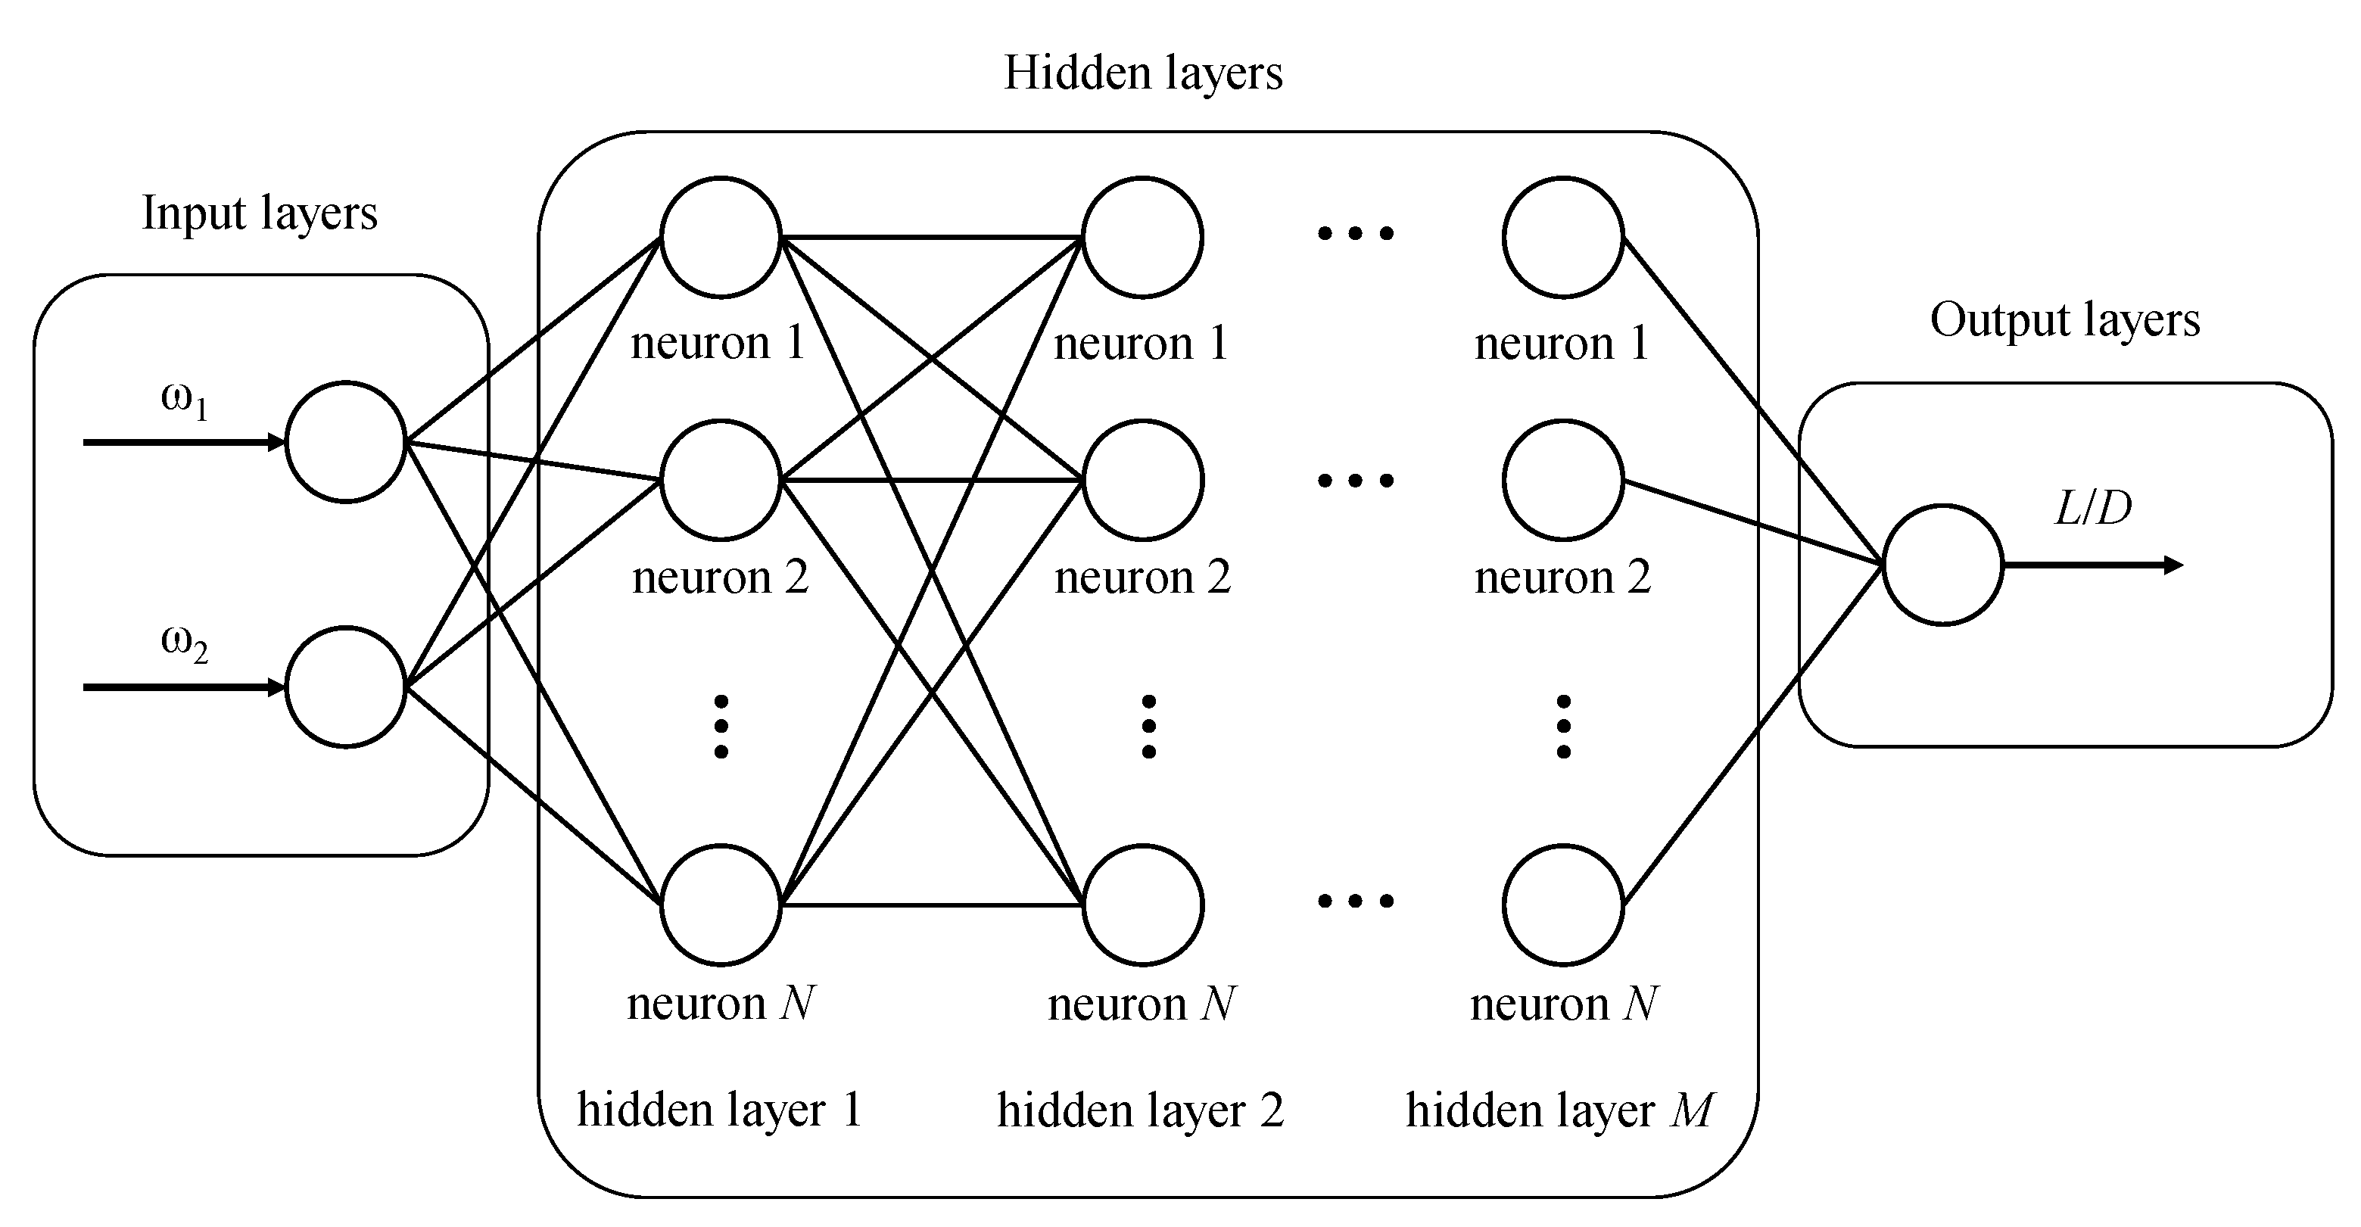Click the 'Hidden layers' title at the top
coord(1143,73)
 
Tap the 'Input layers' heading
coord(260,213)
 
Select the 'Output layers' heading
coord(2064,321)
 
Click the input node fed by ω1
coord(345,442)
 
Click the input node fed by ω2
coord(345,687)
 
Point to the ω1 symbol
coord(184,400)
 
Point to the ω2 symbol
coord(184,643)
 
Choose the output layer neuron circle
coord(1942,565)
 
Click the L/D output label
coord(2093,509)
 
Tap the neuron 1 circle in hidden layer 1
coord(721,238)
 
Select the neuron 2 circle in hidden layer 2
coord(1143,480)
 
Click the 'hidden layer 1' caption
coord(719,1110)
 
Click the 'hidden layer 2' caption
coord(1140,1110)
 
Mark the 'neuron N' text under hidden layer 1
coord(721,1004)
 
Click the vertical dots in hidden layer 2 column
coord(1148,727)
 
